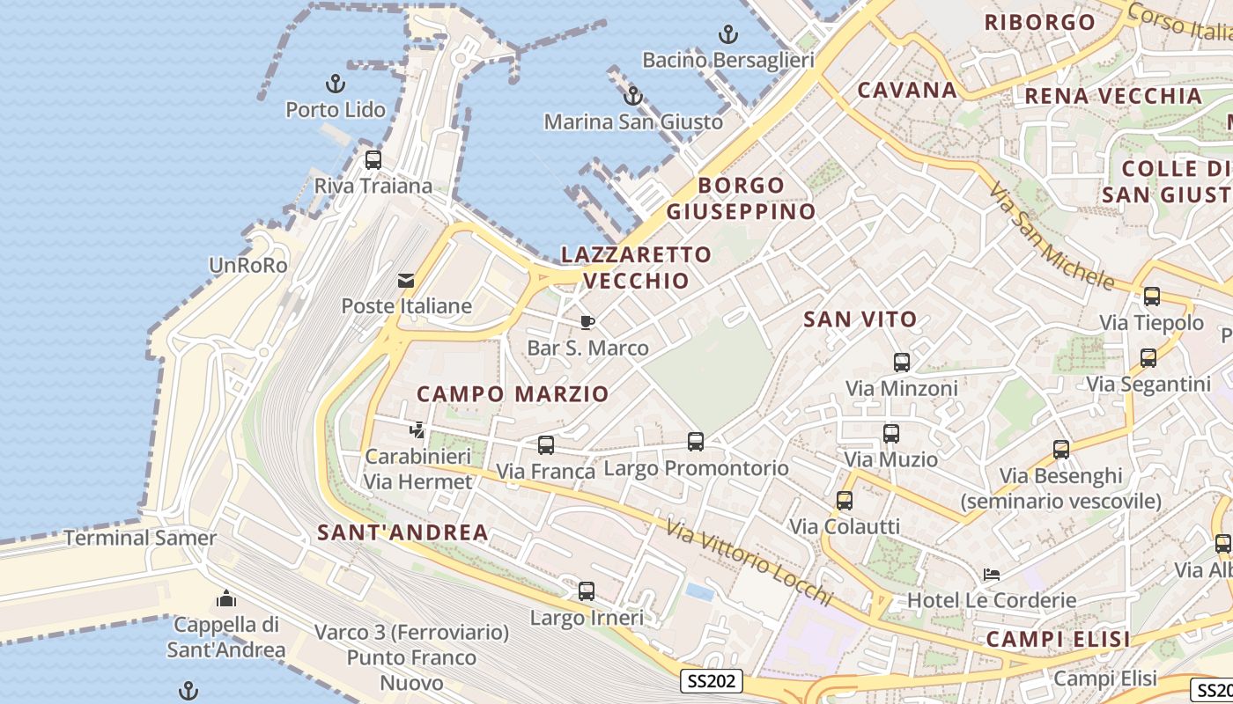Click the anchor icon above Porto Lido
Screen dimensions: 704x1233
[335, 84]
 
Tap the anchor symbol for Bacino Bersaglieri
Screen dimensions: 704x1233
[727, 34]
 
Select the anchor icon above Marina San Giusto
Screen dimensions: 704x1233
[632, 96]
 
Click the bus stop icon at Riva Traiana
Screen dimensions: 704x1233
[373, 160]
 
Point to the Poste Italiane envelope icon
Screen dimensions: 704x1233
[406, 281]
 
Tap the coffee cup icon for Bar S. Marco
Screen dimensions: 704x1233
[587, 322]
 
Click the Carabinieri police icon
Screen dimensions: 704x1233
[417, 430]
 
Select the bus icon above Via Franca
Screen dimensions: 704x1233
[546, 445]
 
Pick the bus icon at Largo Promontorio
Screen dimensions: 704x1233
[696, 442]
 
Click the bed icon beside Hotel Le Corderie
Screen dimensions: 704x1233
[992, 575]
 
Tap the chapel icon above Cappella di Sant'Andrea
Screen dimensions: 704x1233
[226, 599]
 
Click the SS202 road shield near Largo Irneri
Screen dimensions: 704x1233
[712, 680]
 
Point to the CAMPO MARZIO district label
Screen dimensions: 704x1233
[513, 394]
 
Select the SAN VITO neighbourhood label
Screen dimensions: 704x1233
[860, 319]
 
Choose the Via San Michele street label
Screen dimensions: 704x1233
[1050, 236]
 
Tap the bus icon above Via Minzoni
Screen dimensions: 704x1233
[901, 362]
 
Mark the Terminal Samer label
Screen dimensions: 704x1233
[140, 538]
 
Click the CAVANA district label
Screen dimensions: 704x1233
[907, 90]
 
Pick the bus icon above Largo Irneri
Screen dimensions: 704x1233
[587, 590]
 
